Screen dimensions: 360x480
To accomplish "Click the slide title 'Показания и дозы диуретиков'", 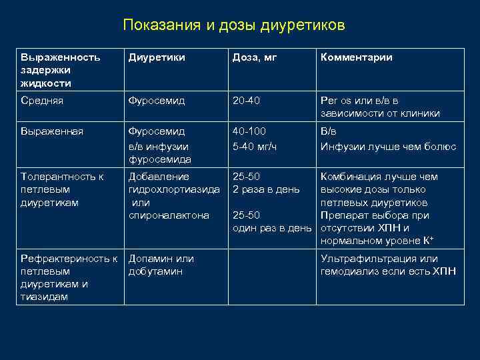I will tap(234, 25).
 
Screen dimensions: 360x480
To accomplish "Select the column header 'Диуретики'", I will tap(157, 57).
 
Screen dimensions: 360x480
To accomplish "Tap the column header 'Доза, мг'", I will tap(254, 57).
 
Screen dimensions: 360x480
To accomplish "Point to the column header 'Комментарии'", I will tap(357, 57).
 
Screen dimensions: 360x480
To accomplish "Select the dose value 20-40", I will tap(247, 100).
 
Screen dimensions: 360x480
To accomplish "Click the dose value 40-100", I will tap(249, 131).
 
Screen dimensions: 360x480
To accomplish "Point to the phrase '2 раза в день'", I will tap(266, 189).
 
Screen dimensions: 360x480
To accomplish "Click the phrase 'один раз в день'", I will tap(271, 228).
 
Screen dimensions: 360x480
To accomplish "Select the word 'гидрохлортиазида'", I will tap(174, 189).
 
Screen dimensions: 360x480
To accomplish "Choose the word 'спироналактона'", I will tap(169, 215).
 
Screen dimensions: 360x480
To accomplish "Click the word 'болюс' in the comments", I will tap(441, 145).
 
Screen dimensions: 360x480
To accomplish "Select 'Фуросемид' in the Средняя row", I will tap(157, 100).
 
